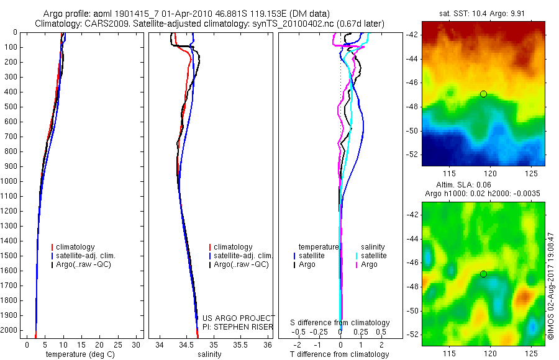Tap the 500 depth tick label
click(x=11, y=107)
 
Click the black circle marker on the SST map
click(x=483, y=94)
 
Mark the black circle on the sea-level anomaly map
click(x=483, y=274)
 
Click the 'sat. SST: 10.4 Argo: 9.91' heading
click(x=483, y=14)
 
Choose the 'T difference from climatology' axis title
click(x=339, y=354)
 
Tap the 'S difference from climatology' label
click(x=340, y=323)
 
